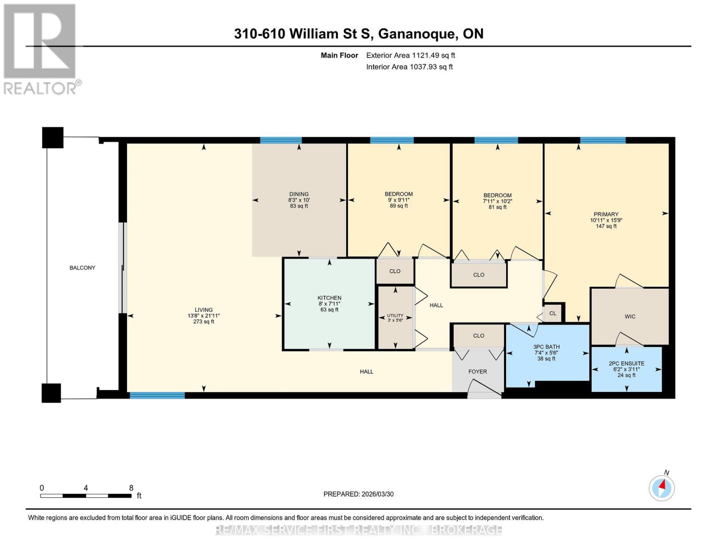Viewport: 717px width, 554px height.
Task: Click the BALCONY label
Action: (82, 268)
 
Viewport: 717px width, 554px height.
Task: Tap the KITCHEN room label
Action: (329, 298)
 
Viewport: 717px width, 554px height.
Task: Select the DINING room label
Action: (299, 194)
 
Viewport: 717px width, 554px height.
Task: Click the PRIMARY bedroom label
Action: (606, 214)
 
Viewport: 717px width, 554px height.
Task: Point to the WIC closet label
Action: (630, 316)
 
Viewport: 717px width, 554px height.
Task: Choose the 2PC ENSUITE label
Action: (627, 363)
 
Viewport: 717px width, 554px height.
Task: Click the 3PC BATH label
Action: (546, 347)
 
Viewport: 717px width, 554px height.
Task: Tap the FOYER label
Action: (477, 371)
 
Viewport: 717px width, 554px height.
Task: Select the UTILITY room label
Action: (395, 316)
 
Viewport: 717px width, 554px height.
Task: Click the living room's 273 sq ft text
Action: (204, 322)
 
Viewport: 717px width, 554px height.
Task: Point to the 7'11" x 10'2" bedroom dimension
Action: (497, 201)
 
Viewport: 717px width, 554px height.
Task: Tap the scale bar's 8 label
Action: (131, 488)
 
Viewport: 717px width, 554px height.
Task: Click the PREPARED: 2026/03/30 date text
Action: (358, 494)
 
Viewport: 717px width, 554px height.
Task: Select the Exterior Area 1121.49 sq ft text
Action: (410, 55)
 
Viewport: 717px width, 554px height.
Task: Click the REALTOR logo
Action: (41, 48)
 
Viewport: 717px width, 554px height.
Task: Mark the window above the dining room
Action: (281, 140)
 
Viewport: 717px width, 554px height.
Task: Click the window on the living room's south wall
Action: (157, 395)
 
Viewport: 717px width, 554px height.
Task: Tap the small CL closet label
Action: (553, 313)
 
